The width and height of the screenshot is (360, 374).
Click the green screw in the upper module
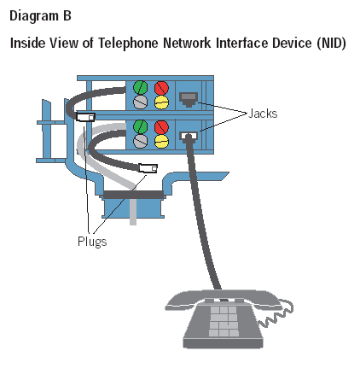tap(141, 88)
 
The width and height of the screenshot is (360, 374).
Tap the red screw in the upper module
tap(161, 88)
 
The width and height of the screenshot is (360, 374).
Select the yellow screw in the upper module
tap(161, 102)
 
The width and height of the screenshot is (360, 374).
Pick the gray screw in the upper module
tap(141, 102)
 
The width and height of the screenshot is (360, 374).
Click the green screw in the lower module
tap(141, 127)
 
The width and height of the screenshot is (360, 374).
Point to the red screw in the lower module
tap(161, 127)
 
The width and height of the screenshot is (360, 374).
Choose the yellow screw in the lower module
tap(161, 142)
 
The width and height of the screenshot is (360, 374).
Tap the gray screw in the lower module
tap(141, 141)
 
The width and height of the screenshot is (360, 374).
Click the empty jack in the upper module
tap(189, 99)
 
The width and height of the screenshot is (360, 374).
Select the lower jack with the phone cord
tap(189, 136)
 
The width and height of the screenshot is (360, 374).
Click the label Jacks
tap(263, 114)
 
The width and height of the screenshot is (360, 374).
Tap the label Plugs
tap(92, 242)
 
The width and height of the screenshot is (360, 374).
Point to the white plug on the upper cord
tap(85, 117)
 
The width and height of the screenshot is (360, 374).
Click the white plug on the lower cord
tap(148, 168)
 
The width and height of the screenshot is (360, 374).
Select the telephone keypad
tap(224, 321)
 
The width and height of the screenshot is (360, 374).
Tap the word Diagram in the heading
tap(34, 16)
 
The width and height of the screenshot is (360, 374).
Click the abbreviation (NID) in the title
tap(331, 44)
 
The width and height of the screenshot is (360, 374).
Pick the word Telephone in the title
tap(129, 44)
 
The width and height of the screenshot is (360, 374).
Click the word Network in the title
tap(188, 43)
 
